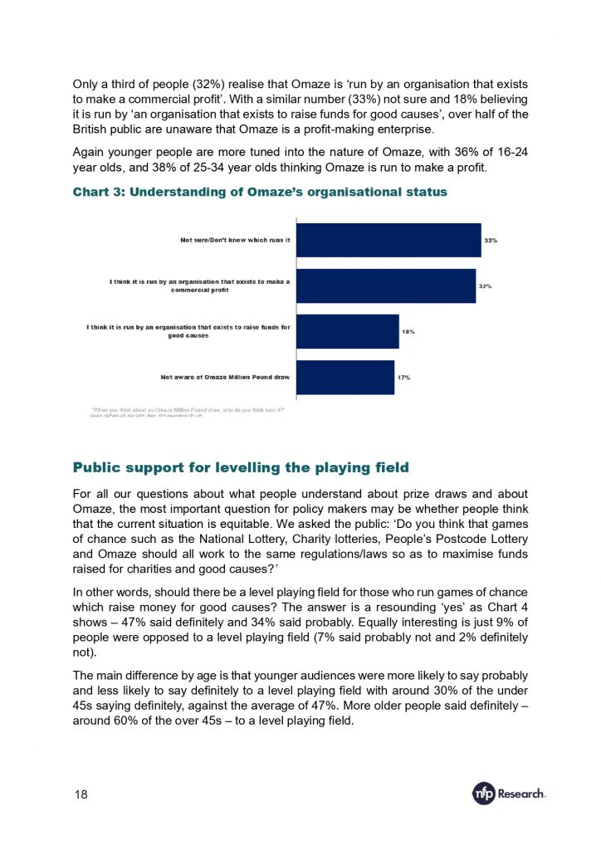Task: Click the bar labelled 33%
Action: pyautogui.click(x=388, y=240)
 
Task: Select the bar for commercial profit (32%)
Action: pyautogui.click(x=385, y=286)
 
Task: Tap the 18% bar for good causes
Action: pyautogui.click(x=347, y=331)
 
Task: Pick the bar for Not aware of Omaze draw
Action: pyautogui.click(x=344, y=377)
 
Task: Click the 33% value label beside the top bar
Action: pyautogui.click(x=491, y=241)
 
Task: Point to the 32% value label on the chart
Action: pyautogui.click(x=485, y=286)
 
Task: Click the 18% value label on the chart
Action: pyautogui.click(x=408, y=332)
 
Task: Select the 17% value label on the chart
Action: pyautogui.click(x=403, y=378)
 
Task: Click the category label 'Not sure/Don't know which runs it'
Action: pyautogui.click(x=235, y=240)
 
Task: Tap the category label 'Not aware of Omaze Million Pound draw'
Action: pyautogui.click(x=225, y=377)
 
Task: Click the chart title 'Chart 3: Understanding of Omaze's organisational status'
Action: pyautogui.click(x=260, y=192)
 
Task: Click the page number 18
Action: pyautogui.click(x=81, y=794)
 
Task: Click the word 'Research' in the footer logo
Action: pyautogui.click(x=521, y=794)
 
